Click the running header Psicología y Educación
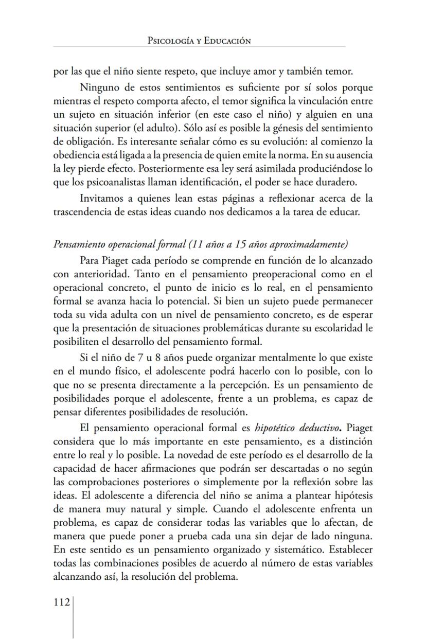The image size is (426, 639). coord(199,41)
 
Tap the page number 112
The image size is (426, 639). coord(62,602)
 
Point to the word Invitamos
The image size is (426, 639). coord(101,199)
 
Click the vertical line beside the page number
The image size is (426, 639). coord(73,617)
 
